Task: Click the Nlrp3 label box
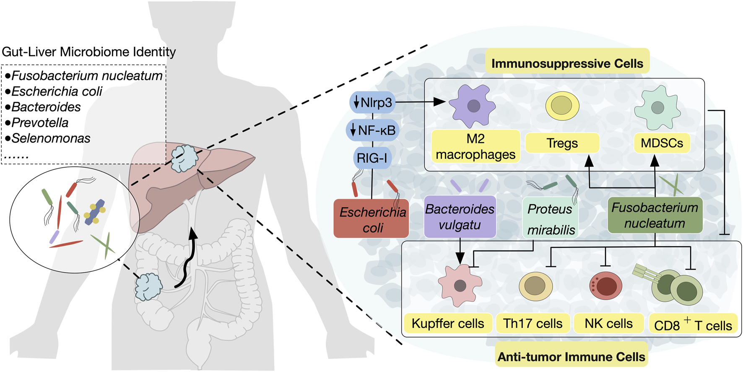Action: click(372, 102)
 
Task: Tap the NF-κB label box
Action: click(372, 130)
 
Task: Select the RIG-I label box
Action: click(372, 158)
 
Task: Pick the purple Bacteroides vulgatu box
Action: click(460, 216)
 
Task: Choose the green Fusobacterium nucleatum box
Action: click(655, 215)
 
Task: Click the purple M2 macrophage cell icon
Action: click(473, 106)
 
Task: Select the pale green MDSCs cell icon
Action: click(657, 107)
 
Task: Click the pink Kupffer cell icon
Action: click(460, 286)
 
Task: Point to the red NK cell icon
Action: click(605, 286)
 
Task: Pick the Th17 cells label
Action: click(533, 323)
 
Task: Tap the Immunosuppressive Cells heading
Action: click(567, 63)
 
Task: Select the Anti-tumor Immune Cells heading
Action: click(571, 356)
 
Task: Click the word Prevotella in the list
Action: click(40, 122)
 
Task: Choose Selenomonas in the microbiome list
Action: click(51, 138)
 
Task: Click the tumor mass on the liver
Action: click(184, 158)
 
